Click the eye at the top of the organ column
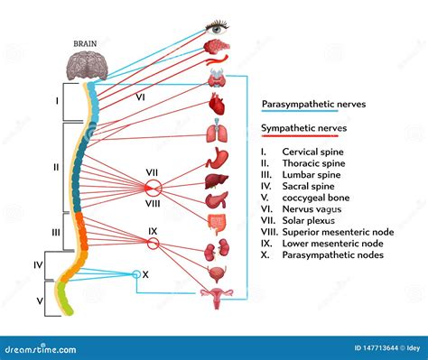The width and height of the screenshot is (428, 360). coord(217,27)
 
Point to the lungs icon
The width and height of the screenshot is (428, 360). coord(217,134)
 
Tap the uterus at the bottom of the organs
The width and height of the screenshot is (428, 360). coord(217,298)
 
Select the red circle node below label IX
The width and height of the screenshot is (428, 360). coord(153,244)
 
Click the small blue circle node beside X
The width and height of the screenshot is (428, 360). coord(136,274)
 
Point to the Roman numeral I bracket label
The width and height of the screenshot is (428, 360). coord(56,101)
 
